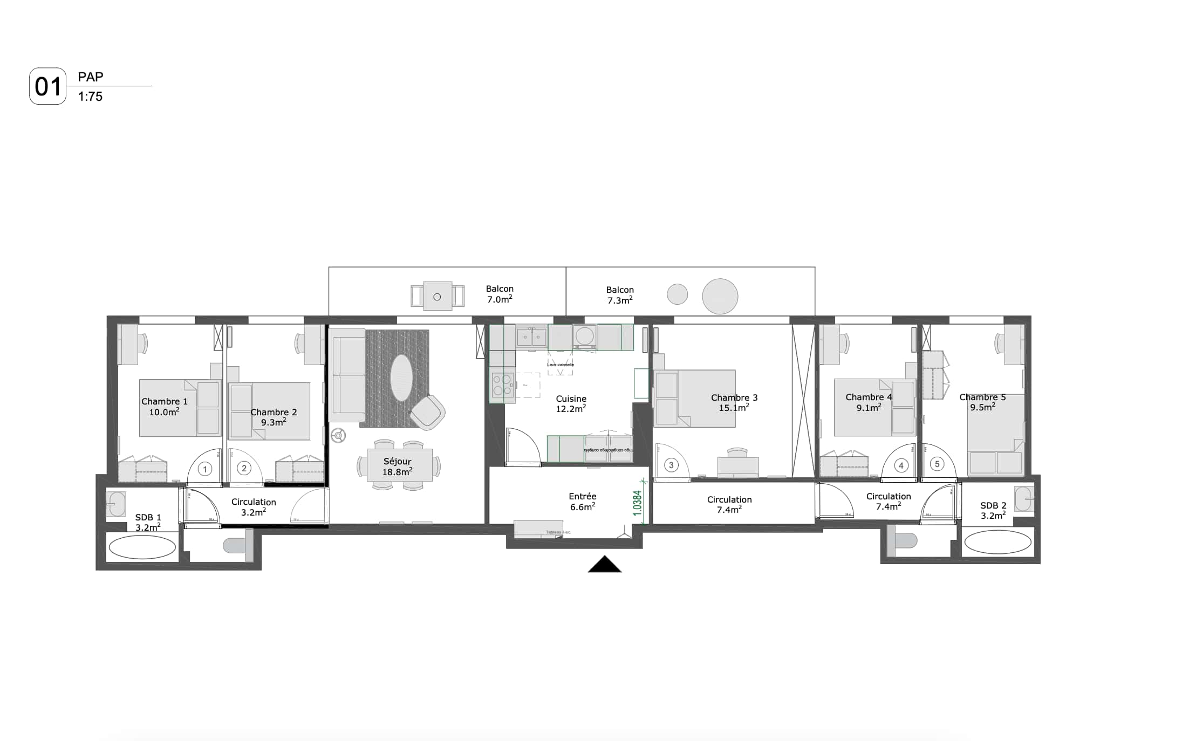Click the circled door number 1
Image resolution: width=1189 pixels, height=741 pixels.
click(x=204, y=469)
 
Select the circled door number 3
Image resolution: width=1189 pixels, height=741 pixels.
click(x=671, y=465)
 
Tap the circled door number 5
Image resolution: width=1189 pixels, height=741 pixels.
click(x=937, y=464)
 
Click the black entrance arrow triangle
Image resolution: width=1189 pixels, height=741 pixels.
click(x=605, y=565)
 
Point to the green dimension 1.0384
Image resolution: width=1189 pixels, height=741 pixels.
click(x=637, y=503)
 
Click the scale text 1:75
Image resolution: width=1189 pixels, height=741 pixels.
click(x=90, y=97)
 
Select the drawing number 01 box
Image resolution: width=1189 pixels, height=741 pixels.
click(x=47, y=86)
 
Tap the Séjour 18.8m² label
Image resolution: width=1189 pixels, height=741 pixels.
click(x=397, y=466)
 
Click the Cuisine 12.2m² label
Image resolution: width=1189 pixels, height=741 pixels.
click(x=571, y=403)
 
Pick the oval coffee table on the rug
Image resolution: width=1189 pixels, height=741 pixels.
click(x=401, y=378)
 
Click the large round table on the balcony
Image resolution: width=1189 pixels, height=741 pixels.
click(x=720, y=296)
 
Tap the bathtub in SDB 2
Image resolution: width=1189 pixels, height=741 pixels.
click(x=997, y=543)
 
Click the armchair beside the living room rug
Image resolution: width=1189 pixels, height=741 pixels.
click(x=427, y=413)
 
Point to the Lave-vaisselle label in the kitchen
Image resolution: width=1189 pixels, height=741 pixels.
click(x=561, y=365)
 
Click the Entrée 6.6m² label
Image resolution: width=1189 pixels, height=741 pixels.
click(x=582, y=502)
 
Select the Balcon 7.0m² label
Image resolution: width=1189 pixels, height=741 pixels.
click(x=500, y=294)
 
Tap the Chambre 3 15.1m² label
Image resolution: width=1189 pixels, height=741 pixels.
click(x=734, y=402)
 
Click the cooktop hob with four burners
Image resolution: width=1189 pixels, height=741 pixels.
click(x=502, y=385)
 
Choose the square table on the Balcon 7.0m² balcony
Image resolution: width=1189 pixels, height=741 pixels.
click(x=437, y=296)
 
